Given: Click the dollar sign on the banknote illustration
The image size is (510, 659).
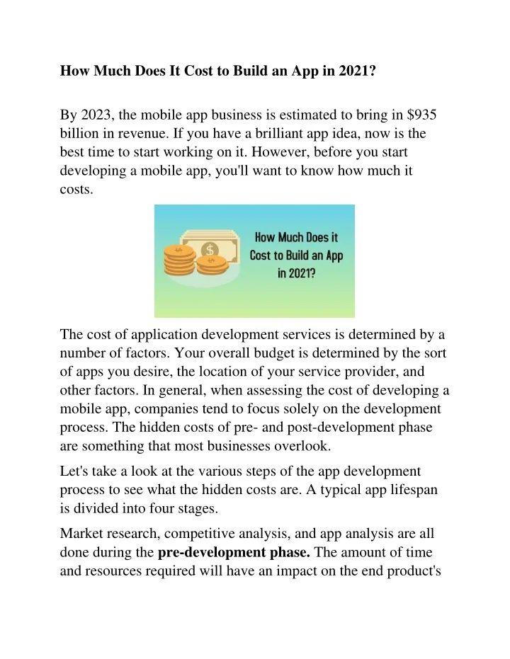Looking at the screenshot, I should [210, 250].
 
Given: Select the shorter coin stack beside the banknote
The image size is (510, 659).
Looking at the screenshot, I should [211, 265].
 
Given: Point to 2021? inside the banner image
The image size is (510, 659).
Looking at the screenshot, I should [297, 273].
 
